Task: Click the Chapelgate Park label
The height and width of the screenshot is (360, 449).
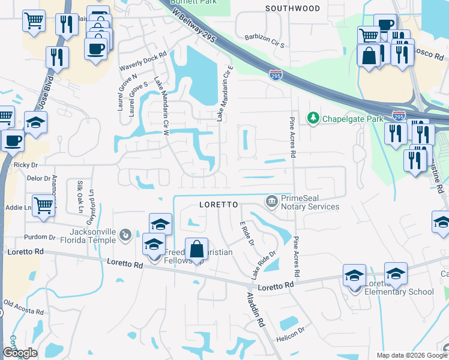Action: pos(352,119)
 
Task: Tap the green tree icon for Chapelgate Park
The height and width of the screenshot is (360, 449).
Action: pos(312,118)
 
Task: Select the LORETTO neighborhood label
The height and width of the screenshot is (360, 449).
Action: pos(218,205)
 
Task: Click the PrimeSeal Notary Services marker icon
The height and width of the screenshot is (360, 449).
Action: pos(271,200)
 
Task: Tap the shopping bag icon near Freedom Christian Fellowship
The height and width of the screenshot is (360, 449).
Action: pos(196,249)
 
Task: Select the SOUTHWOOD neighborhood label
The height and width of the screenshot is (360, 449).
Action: pos(292,8)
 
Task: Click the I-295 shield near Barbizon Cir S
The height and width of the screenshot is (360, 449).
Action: pos(275,76)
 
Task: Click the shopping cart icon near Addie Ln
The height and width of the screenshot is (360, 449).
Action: pos(43,205)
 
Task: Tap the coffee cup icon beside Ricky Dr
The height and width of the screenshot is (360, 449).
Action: pos(12,141)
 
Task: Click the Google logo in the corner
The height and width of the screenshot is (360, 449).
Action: pos(20,353)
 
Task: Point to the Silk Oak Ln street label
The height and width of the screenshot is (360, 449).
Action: pos(80,196)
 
